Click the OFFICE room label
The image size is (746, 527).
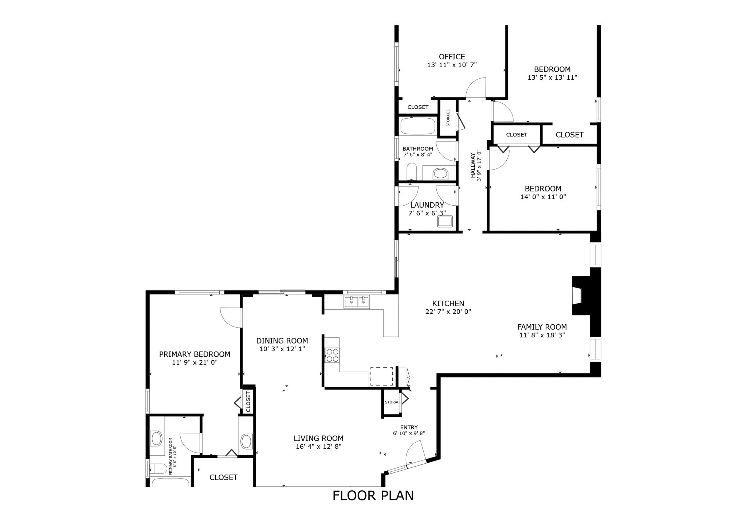452,57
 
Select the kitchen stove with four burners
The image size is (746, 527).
332,355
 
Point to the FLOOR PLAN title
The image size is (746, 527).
373,496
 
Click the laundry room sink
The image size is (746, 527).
445,222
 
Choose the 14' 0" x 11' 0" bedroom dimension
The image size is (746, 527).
543,197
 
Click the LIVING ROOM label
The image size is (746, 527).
318,439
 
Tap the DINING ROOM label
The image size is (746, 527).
282,341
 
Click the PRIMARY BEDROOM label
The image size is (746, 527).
195,354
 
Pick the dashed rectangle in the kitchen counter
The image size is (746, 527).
382,376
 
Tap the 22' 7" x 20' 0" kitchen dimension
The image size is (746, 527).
448,312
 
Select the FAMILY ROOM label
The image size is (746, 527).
542,327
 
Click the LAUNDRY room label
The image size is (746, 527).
427,205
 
